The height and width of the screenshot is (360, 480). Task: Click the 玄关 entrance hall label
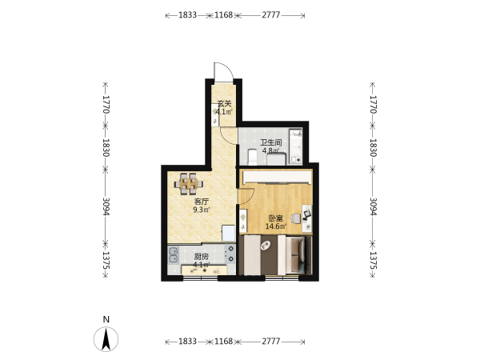(224, 103)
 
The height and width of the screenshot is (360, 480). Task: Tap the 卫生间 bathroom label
(270, 142)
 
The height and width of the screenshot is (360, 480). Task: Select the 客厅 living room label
(202, 202)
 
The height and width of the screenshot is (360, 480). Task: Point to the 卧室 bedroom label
(275, 218)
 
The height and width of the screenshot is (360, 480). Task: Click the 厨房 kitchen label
(202, 257)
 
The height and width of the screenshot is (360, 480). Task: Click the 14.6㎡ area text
(275, 226)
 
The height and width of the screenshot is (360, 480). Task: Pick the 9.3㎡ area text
(202, 210)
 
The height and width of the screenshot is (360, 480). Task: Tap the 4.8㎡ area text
(270, 150)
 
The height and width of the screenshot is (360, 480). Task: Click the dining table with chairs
(189, 184)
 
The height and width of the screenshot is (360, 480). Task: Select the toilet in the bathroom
(252, 157)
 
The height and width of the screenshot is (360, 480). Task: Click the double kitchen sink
(174, 255)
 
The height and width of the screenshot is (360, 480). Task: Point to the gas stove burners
(230, 254)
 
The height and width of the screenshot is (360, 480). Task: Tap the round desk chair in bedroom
(296, 218)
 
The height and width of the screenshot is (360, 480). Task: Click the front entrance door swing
(228, 66)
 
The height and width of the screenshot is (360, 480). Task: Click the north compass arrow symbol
(106, 339)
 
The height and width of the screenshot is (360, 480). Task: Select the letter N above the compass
(106, 319)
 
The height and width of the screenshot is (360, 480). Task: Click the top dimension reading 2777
(270, 14)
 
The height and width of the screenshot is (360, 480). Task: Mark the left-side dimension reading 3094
(106, 206)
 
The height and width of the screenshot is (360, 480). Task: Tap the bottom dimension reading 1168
(223, 341)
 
